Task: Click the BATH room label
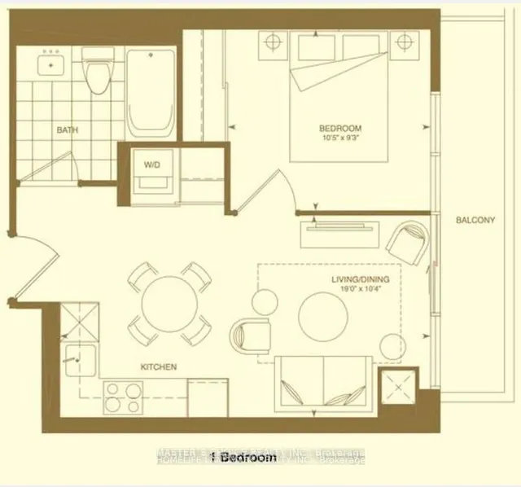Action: pyautogui.click(x=67, y=130)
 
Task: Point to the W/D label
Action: pyautogui.click(x=152, y=165)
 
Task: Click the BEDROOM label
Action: pyautogui.click(x=339, y=129)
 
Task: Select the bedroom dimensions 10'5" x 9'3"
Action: pyautogui.click(x=339, y=138)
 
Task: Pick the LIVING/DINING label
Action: pyautogui.click(x=361, y=280)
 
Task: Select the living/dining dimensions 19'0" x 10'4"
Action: pyautogui.click(x=361, y=290)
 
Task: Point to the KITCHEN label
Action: pyautogui.click(x=159, y=367)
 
